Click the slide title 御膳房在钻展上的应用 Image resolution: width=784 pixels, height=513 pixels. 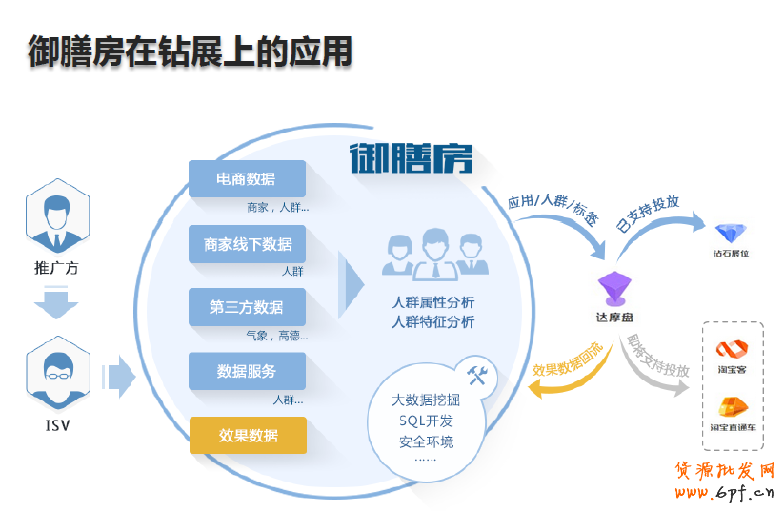[x=190, y=51]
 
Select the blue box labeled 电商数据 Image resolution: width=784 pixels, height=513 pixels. [x=247, y=179]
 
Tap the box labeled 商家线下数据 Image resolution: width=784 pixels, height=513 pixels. [x=247, y=244]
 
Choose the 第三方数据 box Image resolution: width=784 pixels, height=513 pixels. [x=247, y=307]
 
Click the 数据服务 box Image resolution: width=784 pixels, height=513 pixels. [x=247, y=371]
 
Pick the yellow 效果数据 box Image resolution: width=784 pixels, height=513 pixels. [x=248, y=435]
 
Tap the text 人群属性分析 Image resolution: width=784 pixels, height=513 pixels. [x=433, y=302]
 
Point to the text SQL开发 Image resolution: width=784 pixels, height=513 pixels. [x=426, y=421]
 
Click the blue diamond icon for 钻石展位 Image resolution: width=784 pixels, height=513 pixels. [x=731, y=232]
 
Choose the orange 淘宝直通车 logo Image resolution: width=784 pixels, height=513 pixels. [x=733, y=407]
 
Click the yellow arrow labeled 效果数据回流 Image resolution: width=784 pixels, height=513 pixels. [x=562, y=372]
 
